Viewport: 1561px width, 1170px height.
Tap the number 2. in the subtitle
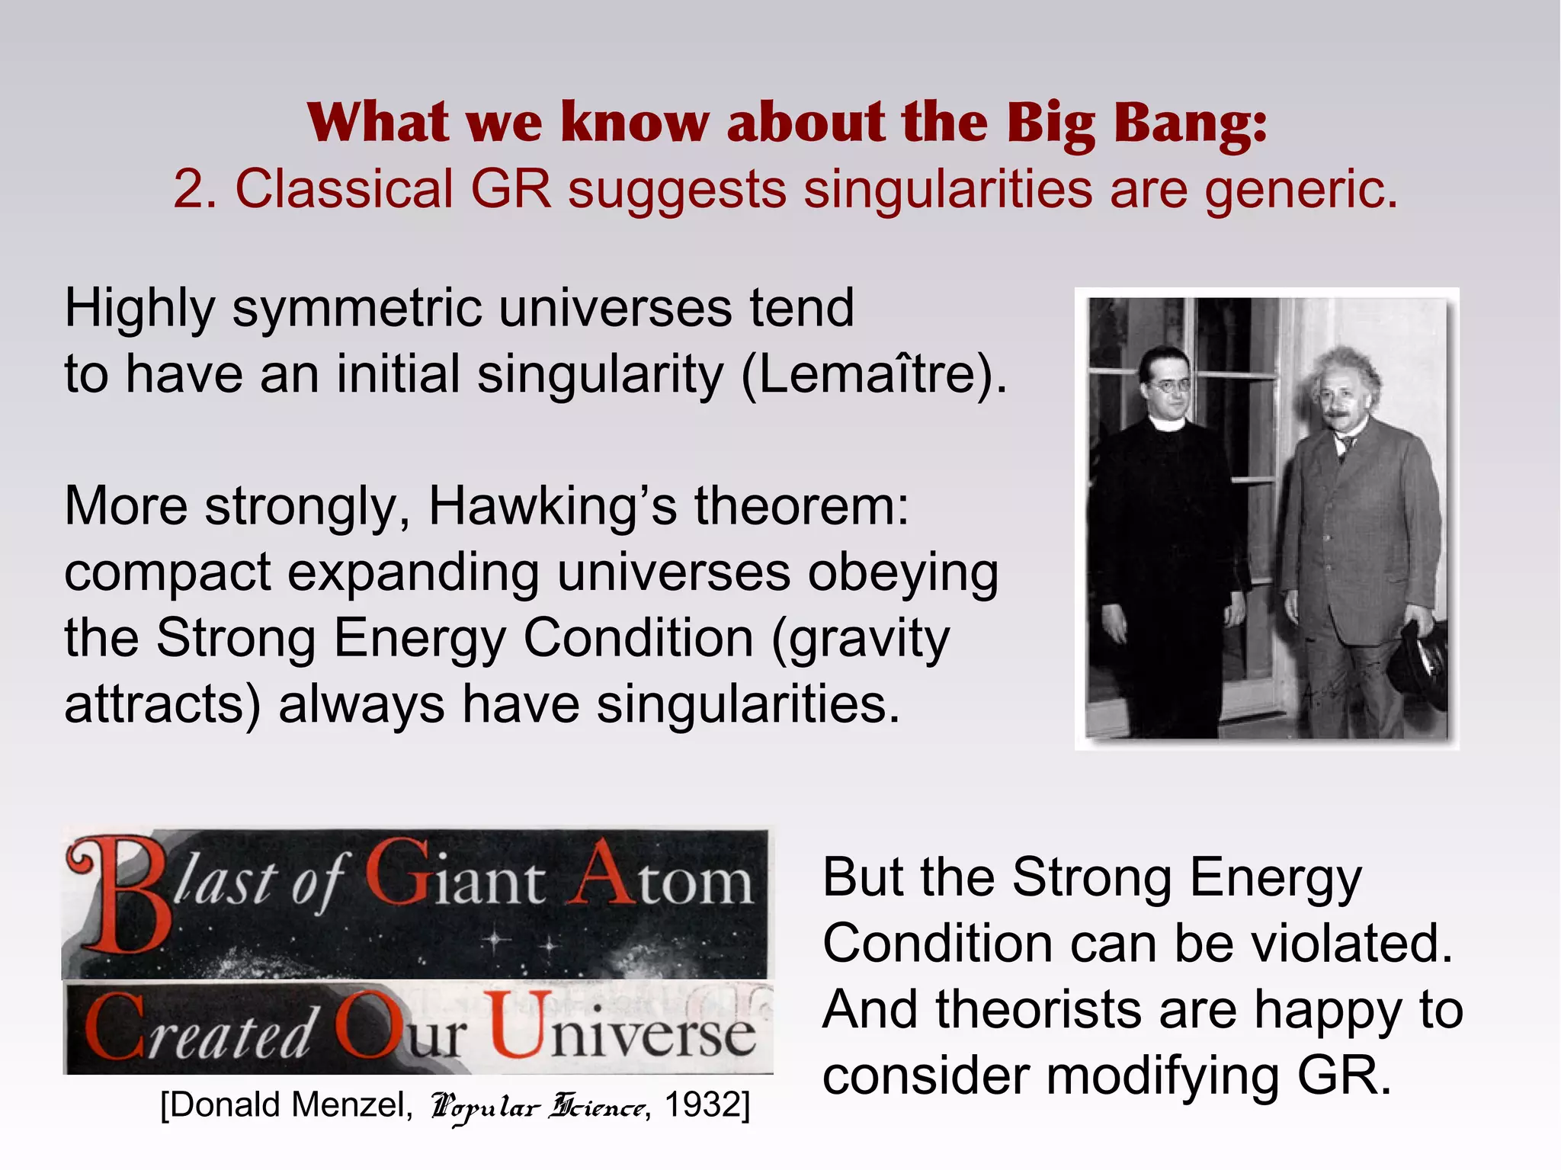195,190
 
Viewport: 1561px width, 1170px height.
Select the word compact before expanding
167,573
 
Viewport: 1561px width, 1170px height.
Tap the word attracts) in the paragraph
162,704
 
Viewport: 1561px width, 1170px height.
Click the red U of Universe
521,1025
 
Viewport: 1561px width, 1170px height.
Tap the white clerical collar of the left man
1167,424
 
